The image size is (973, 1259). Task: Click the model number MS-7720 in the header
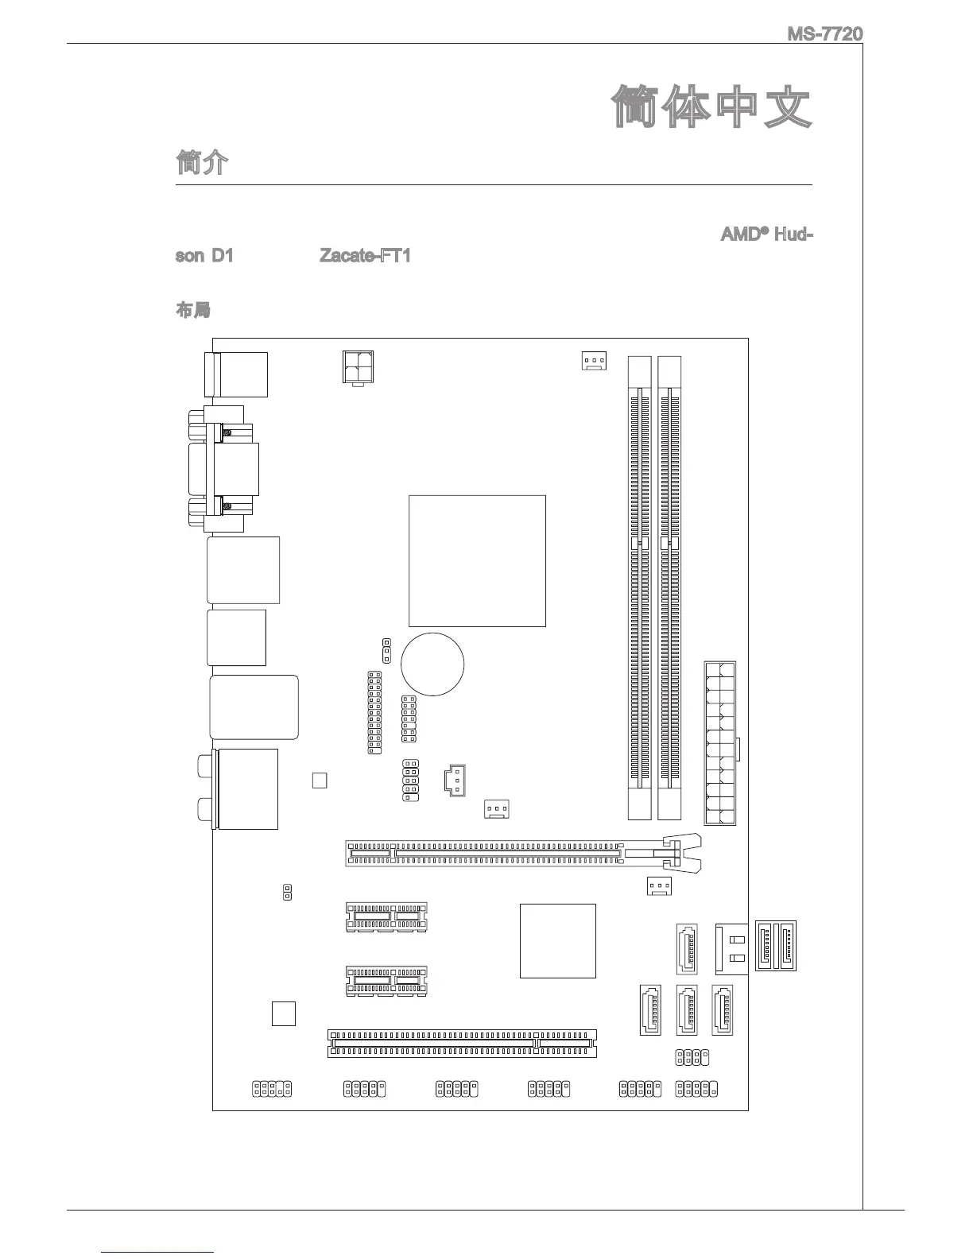pos(824,34)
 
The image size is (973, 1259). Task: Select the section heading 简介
pos(202,163)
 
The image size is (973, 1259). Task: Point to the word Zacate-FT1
pos(365,256)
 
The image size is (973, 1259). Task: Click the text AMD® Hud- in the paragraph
pos(766,235)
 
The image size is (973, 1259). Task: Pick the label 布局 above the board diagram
pos(192,311)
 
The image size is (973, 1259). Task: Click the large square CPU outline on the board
pos(477,560)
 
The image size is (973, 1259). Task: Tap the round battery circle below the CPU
pos(432,664)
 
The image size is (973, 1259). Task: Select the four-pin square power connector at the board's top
pos(359,368)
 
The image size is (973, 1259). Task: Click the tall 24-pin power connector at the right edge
pos(719,743)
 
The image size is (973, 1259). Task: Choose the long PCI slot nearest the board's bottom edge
pos(462,1043)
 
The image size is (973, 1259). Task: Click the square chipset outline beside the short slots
pos(557,940)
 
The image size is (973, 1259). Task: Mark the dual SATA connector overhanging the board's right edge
pos(775,945)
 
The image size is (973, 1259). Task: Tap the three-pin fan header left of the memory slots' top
pos(593,362)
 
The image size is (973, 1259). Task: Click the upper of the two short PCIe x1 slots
pos(386,917)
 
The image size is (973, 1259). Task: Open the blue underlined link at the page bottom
pos(158,1252)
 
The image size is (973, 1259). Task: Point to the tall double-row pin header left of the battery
pos(374,712)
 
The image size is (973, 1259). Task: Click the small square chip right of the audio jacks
pos(320,780)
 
